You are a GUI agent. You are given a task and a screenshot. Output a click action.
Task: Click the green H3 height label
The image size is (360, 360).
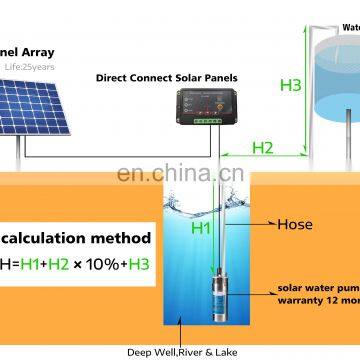coord(291,86)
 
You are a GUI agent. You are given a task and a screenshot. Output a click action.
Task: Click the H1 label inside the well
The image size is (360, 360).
coord(200,227)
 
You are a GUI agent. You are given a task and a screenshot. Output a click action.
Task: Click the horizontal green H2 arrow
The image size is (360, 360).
coord(262,158)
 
